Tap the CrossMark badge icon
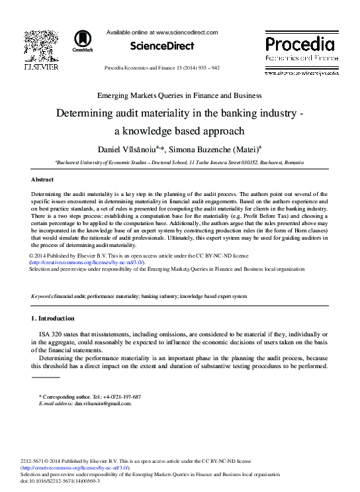click(83, 40)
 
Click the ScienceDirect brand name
click(162, 46)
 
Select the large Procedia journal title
click(300, 44)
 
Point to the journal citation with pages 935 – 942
click(162, 69)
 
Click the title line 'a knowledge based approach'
click(179, 130)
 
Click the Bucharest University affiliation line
click(179, 162)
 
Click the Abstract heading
click(42, 179)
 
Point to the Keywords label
click(44, 295)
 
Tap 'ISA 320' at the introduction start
click(52, 335)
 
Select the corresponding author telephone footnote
click(91, 397)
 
